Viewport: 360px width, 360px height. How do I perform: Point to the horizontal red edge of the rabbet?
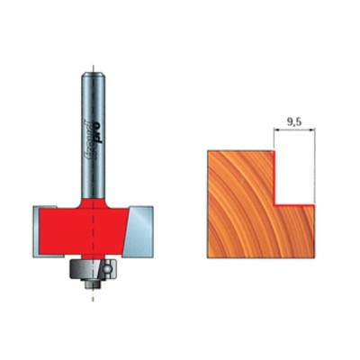point(295,205)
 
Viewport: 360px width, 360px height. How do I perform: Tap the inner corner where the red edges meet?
point(274,205)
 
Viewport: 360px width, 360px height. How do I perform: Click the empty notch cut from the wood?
point(295,178)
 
